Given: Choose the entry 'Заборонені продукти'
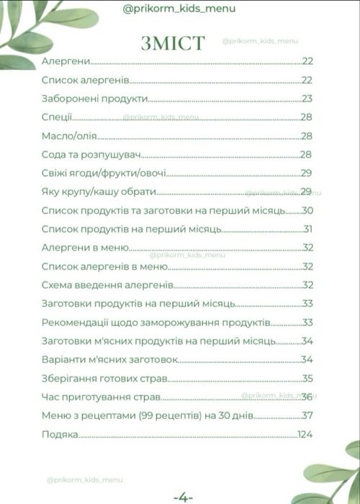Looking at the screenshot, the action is (x=95, y=99).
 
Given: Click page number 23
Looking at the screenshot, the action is (x=307, y=99).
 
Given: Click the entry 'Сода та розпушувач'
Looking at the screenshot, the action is (x=90, y=155).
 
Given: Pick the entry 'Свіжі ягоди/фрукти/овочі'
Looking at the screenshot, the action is (x=104, y=174).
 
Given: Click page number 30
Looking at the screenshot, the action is (x=308, y=211).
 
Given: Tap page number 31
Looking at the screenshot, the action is (x=307, y=230).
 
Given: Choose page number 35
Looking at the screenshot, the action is (x=307, y=378).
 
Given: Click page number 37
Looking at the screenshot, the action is (x=308, y=415).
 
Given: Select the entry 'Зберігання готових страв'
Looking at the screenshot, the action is (x=104, y=378).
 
